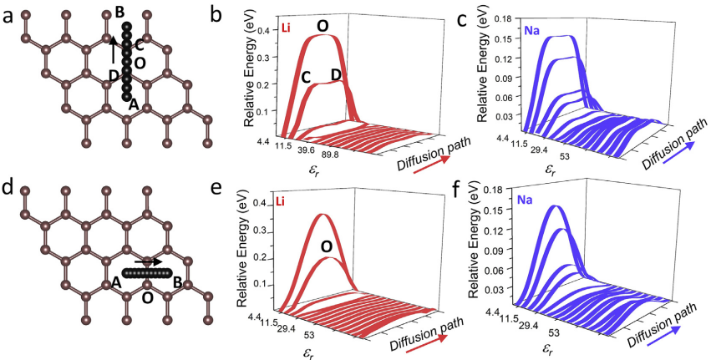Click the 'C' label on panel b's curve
click(306, 78)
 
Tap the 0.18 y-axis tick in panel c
click(510, 17)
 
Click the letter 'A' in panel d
click(116, 285)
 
